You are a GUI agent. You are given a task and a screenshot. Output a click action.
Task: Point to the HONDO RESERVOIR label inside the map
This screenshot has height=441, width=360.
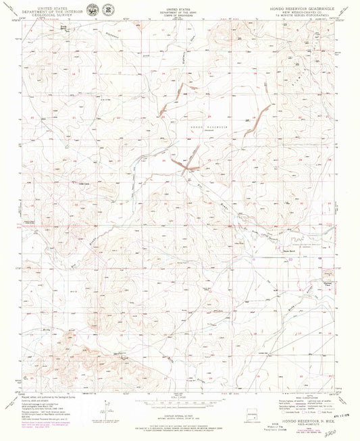[x=213, y=126]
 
